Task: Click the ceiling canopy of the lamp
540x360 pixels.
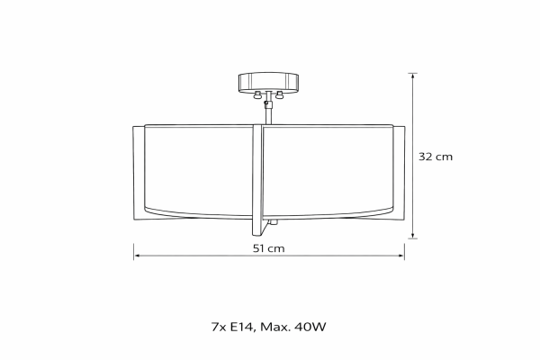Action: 268,82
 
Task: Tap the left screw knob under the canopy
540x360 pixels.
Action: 257,95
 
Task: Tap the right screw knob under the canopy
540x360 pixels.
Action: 279,95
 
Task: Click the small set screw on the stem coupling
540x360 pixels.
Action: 265,103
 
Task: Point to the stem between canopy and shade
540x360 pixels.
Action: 268,109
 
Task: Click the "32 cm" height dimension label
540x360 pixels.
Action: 436,157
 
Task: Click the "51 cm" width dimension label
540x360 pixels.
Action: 268,248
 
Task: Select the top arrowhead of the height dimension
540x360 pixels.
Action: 412,76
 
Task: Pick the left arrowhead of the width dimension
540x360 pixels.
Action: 138,256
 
